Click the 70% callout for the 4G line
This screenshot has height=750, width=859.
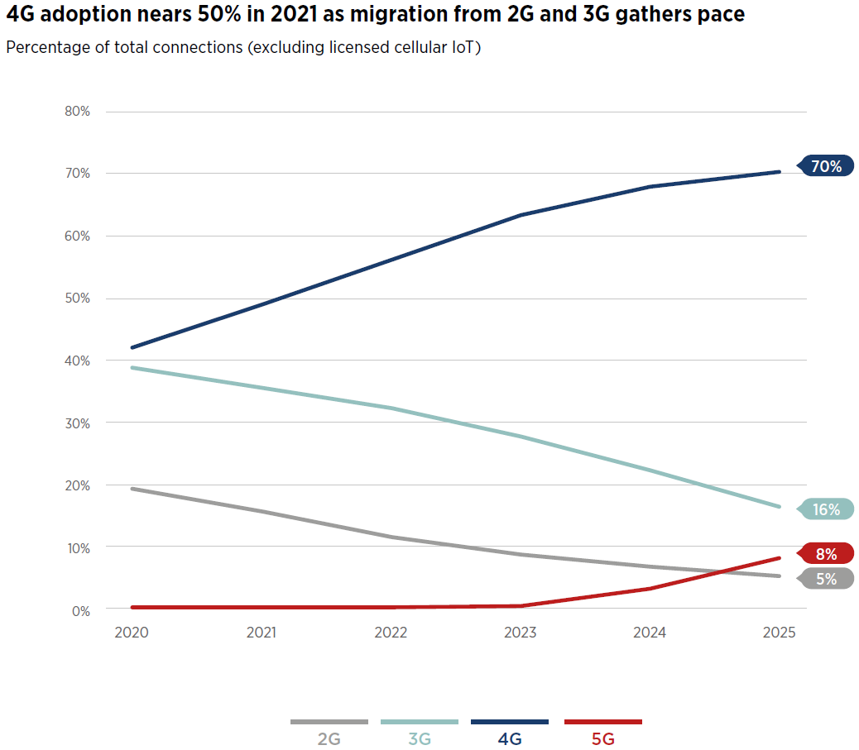[826, 167]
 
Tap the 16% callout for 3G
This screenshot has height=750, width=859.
[826, 509]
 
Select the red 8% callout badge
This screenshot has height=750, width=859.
[826, 554]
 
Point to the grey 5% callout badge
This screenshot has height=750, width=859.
[826, 579]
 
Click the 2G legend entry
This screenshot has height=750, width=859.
[329, 738]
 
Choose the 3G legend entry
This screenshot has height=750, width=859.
[420, 738]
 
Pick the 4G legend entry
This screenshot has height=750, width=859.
[510, 738]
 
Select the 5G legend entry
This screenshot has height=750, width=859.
[603, 738]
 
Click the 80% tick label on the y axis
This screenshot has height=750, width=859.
[76, 112]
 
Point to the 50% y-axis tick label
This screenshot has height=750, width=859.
[76, 299]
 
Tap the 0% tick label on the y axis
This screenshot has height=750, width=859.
[79, 610]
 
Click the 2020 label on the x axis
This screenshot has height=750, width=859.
[132, 633]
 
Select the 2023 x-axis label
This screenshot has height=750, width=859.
[521, 633]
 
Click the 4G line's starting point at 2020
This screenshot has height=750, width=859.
[132, 347]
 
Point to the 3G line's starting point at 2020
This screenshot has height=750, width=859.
[132, 367]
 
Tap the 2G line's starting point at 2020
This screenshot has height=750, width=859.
[132, 489]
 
